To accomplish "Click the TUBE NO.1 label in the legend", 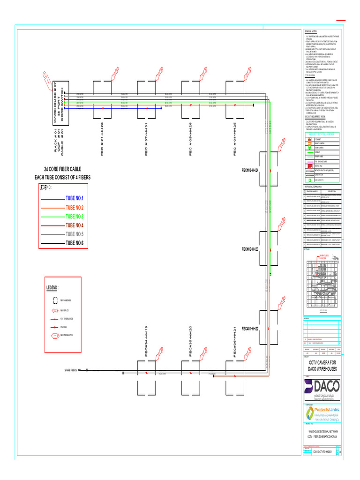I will point(74,199).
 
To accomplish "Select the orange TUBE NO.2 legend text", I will point(74,208).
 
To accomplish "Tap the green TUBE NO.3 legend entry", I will point(74,217).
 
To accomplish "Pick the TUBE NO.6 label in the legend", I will point(74,243).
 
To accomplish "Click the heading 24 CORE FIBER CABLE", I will point(62,169).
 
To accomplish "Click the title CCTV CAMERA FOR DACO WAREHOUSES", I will point(322,366).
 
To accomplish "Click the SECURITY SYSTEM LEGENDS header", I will point(322,134).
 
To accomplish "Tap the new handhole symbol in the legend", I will point(54,300).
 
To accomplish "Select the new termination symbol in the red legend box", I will point(54,336).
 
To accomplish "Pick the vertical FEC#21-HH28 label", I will point(102,140).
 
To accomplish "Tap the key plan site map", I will point(322,281).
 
